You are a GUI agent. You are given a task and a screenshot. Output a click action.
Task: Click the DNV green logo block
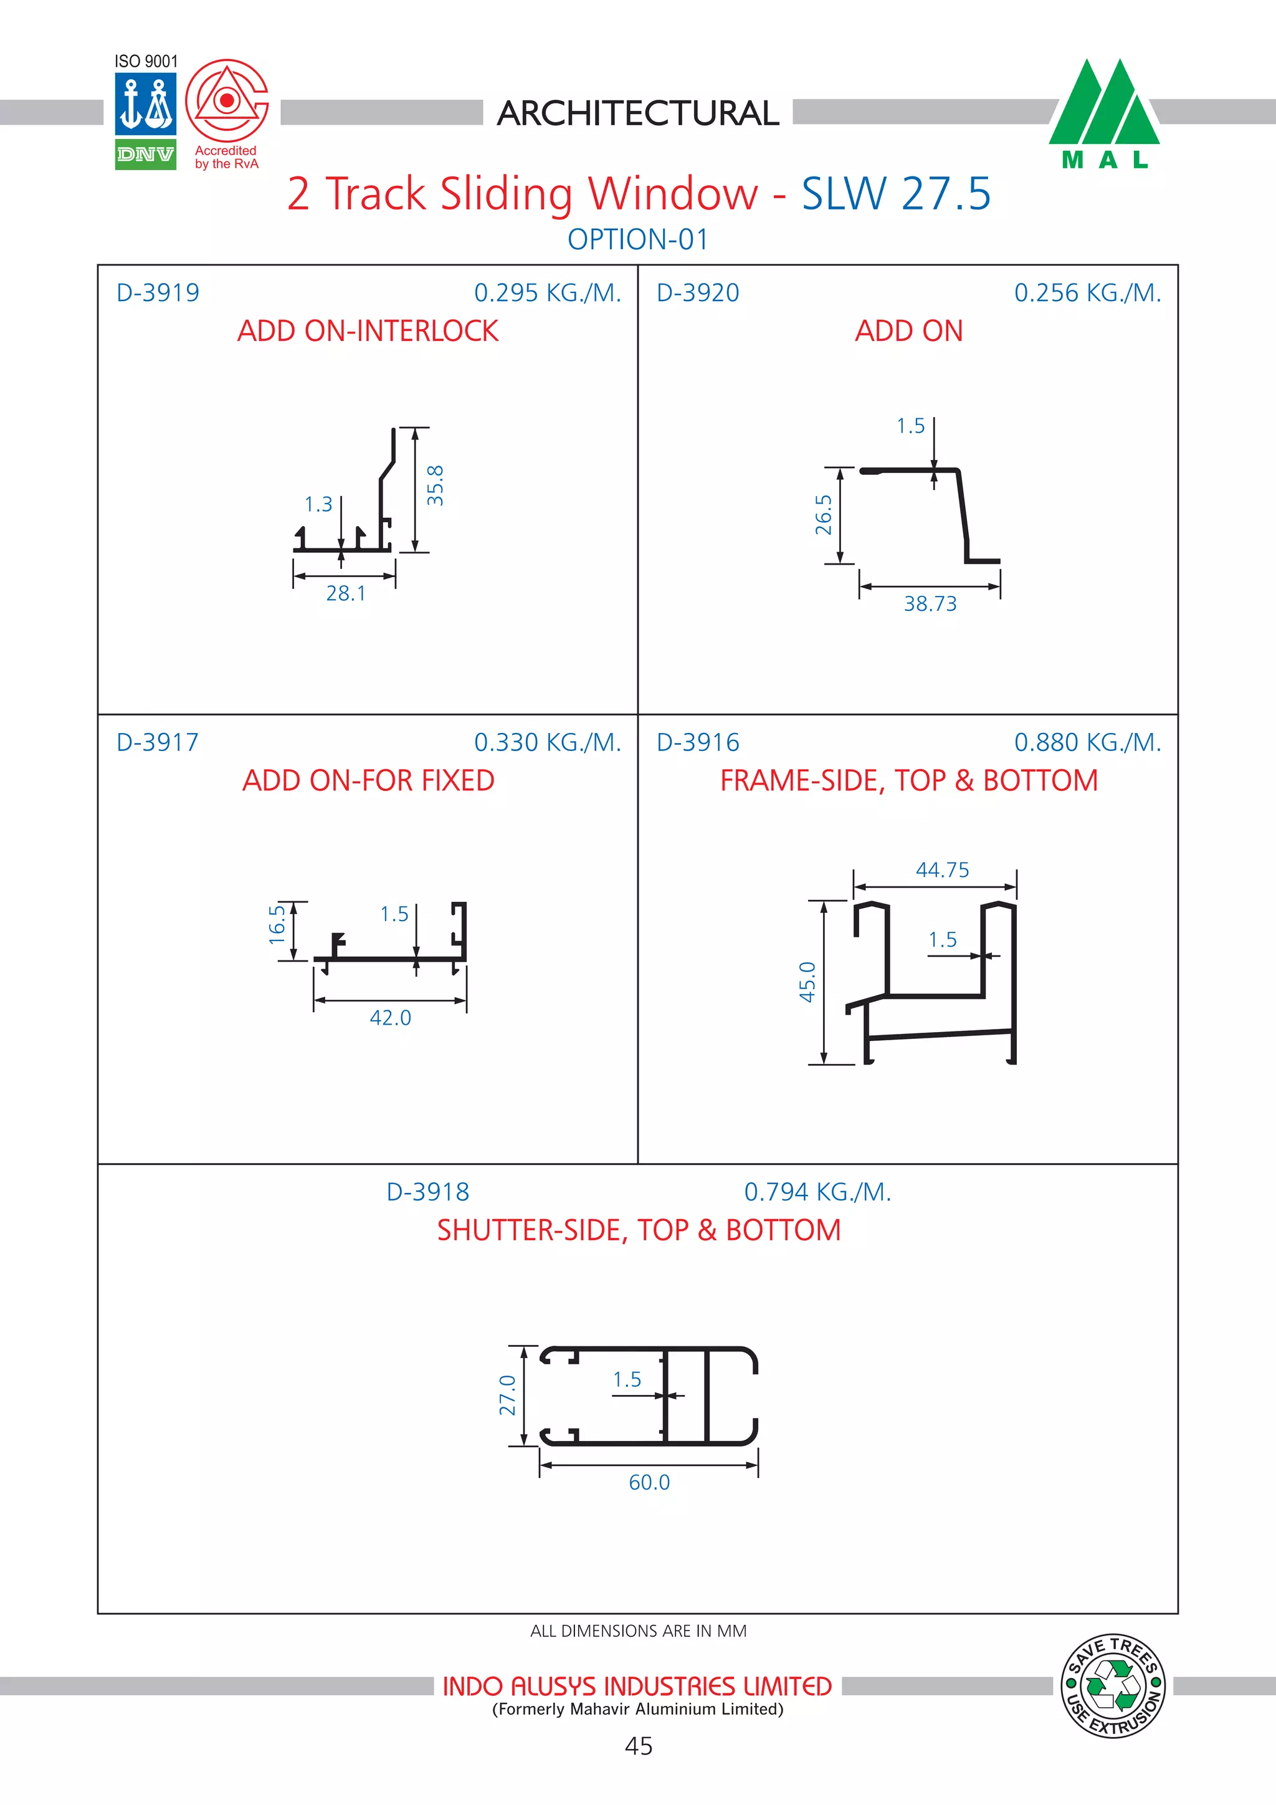click(145, 154)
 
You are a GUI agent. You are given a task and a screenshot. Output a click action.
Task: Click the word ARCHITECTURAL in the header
click(637, 113)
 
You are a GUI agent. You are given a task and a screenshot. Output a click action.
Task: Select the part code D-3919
click(157, 292)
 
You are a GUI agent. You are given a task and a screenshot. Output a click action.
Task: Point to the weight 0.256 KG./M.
click(1087, 292)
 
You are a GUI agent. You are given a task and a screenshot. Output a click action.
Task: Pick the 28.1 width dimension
click(346, 593)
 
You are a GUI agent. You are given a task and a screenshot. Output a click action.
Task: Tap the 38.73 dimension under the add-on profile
click(930, 604)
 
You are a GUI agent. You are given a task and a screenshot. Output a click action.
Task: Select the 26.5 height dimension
click(822, 515)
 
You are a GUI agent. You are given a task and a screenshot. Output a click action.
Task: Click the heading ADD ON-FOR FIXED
click(368, 780)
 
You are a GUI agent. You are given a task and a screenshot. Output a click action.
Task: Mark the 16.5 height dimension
click(277, 924)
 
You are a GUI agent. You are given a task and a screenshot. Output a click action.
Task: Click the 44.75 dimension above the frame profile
click(942, 869)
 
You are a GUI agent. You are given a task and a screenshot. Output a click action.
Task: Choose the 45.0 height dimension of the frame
click(807, 982)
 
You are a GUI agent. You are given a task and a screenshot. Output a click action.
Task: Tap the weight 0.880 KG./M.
click(1087, 742)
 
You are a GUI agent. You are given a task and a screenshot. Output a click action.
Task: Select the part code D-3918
click(427, 1192)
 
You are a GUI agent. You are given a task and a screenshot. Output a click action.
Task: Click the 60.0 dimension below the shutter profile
click(649, 1483)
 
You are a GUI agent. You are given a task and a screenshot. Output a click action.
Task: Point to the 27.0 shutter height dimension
click(508, 1395)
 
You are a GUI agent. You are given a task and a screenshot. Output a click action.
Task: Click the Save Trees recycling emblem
click(1113, 1685)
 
